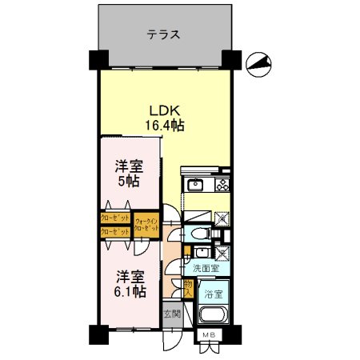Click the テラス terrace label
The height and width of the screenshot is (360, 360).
(x=162, y=35)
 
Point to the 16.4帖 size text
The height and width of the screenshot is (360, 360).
(x=165, y=126)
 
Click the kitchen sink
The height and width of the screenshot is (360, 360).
(x=196, y=186)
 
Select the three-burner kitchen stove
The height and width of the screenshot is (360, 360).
(x=220, y=186)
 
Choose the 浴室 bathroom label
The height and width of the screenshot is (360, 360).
(x=213, y=293)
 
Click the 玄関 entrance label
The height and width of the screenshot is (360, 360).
(x=172, y=313)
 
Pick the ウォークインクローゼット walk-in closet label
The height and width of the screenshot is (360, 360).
(x=146, y=224)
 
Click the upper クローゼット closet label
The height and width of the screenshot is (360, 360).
(x=115, y=217)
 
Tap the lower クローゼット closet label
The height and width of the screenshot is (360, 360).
(x=115, y=231)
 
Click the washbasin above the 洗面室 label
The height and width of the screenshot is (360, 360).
(x=198, y=253)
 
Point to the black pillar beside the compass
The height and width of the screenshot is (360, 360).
(x=230, y=60)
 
